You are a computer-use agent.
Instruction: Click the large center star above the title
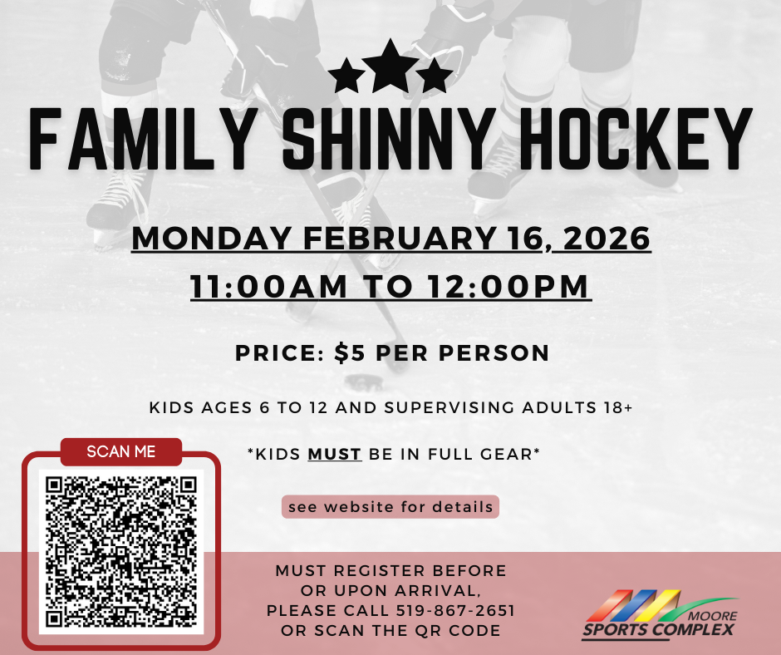390,67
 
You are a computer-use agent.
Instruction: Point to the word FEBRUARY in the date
400,239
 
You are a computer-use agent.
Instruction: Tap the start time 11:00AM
268,287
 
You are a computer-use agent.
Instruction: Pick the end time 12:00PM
508,287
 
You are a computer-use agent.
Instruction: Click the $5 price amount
350,353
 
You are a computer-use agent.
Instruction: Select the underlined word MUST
335,454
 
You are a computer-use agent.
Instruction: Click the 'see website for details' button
390,507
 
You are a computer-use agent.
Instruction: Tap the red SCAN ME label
121,451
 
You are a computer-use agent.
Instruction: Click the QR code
121,552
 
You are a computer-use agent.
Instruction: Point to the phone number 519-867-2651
455,611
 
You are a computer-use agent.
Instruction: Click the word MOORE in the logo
712,616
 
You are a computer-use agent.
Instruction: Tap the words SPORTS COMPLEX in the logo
658,629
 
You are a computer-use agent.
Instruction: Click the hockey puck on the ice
365,382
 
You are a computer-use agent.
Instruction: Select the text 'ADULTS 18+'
577,408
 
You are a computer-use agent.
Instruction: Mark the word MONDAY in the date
212,239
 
